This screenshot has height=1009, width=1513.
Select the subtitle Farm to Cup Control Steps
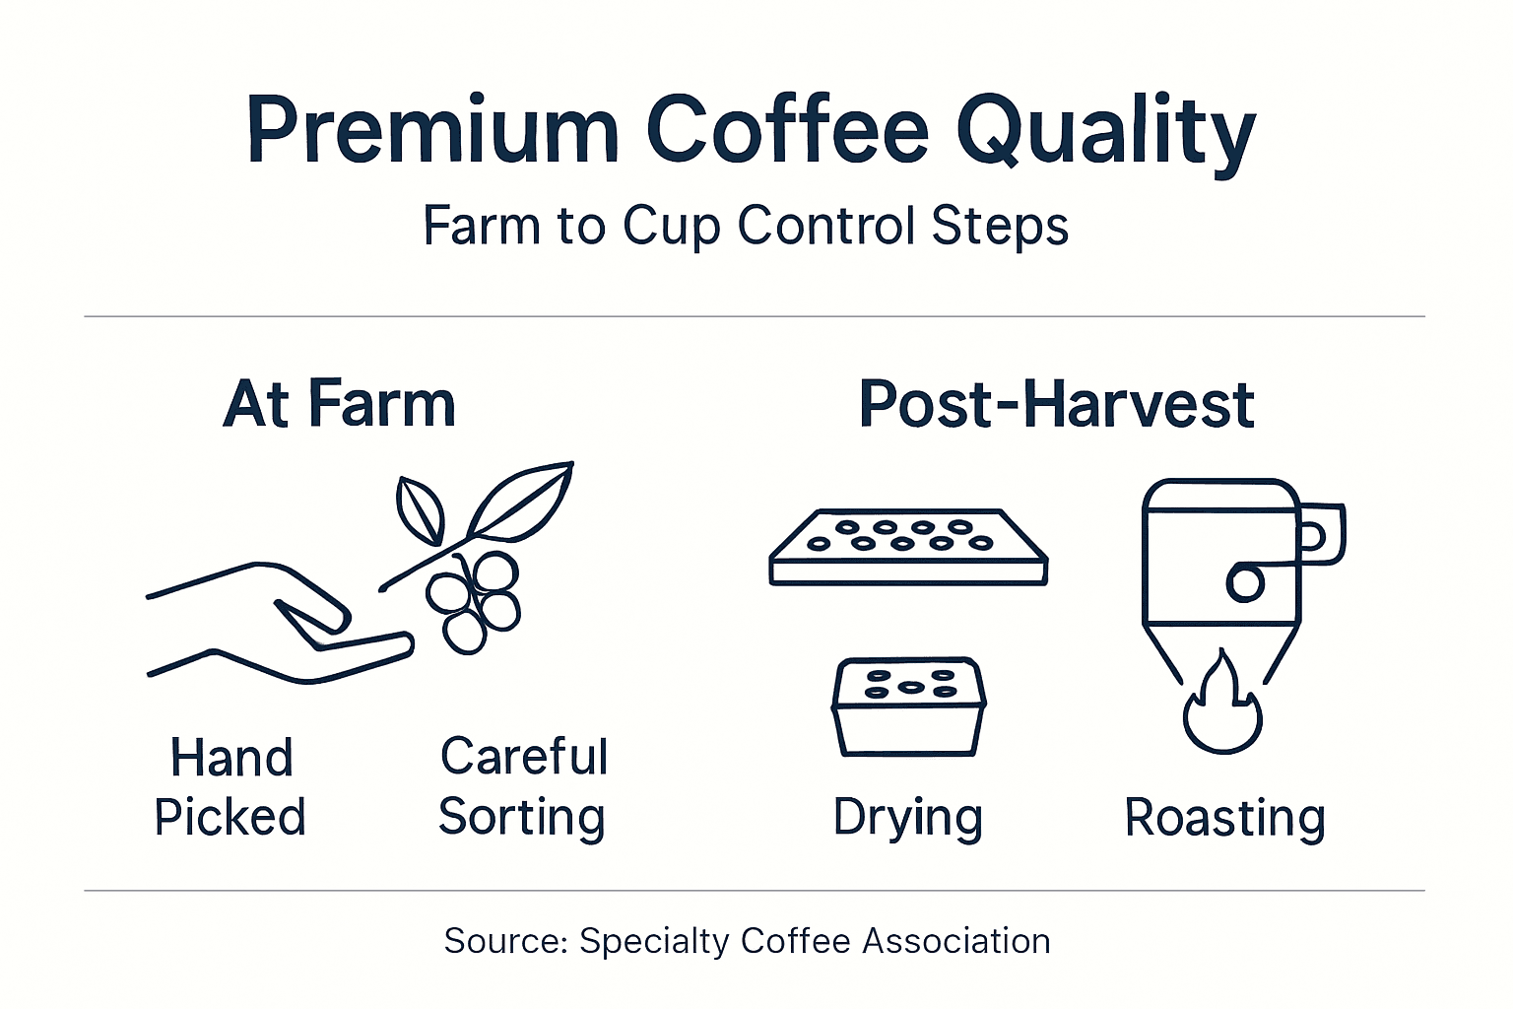(746, 226)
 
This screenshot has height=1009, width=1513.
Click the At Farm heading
(340, 404)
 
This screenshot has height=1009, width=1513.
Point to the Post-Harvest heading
(1057, 404)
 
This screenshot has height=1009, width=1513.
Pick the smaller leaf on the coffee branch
(419, 508)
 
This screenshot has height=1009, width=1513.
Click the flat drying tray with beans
(907, 549)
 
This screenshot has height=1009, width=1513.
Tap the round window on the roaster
(1244, 582)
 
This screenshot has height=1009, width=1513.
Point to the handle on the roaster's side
(1322, 535)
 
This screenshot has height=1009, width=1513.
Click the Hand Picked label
(230, 787)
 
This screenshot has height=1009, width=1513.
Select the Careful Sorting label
(523, 787)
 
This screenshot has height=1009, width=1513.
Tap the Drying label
(907, 818)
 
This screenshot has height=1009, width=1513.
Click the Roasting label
(1224, 818)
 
